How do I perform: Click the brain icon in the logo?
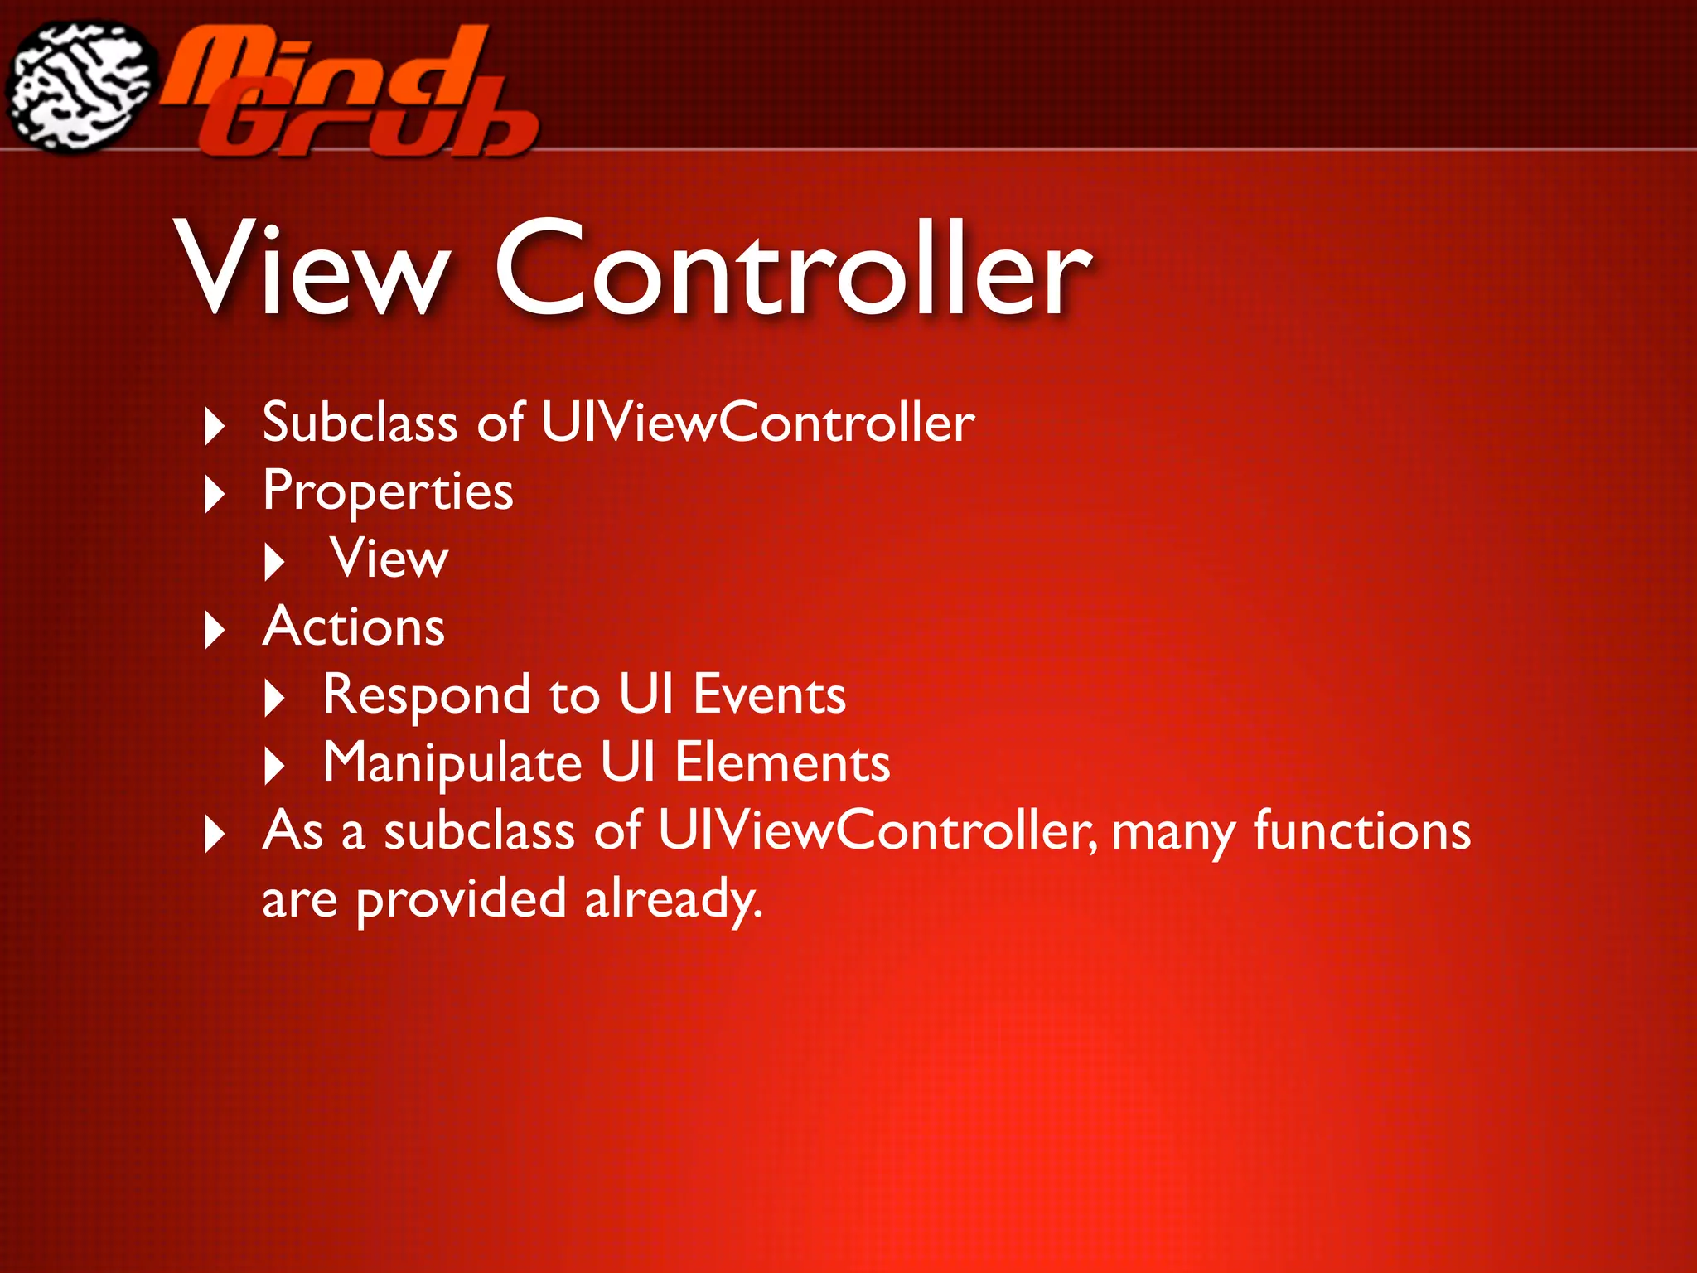point(80,85)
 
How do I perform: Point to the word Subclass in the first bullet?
point(360,423)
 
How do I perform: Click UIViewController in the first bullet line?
point(757,423)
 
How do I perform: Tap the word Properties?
point(388,491)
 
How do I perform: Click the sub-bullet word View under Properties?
point(389,559)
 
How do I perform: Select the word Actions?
point(354,627)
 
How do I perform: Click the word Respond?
point(426,695)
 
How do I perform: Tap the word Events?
point(769,695)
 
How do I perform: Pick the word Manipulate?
point(452,763)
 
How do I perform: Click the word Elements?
point(782,763)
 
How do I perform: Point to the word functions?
point(1361,830)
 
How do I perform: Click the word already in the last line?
point(672,899)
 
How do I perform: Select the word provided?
point(461,899)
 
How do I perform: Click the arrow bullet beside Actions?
point(215,631)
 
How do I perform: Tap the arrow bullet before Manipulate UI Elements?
point(274,767)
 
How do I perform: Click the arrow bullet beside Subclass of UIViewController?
point(215,427)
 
